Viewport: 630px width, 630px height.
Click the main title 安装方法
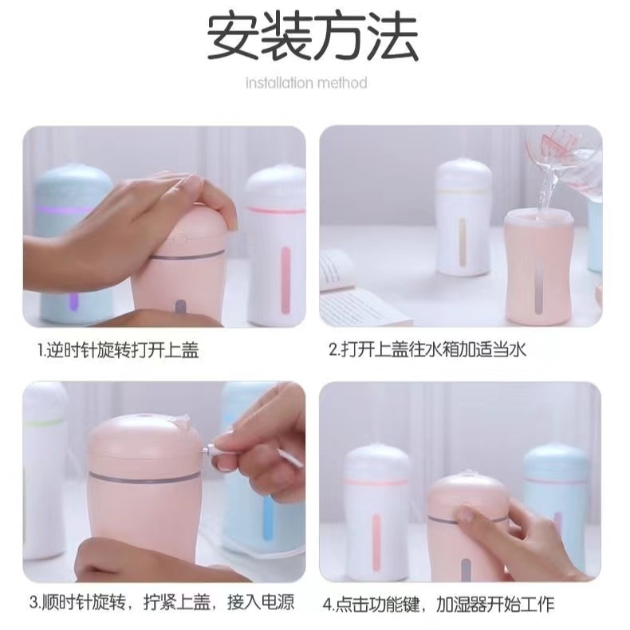tap(313, 37)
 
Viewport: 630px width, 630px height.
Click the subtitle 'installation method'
tap(306, 83)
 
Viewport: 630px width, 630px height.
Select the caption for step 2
tap(428, 349)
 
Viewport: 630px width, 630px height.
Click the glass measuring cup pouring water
tap(570, 159)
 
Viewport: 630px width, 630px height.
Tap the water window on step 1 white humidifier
tap(285, 271)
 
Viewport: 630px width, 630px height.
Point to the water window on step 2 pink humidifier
tap(533, 287)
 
